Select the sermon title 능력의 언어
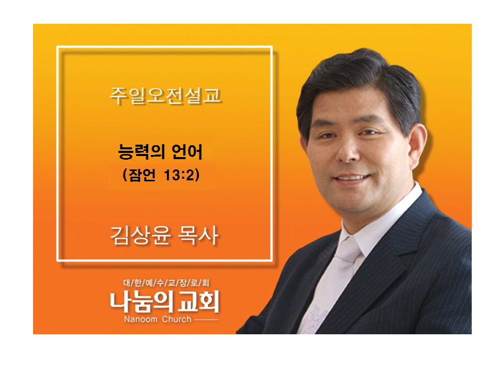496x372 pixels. coord(160,151)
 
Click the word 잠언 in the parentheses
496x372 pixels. coord(142,175)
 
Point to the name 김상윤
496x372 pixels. coord(141,236)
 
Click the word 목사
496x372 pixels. coord(198,236)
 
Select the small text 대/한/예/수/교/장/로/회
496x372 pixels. coord(166,283)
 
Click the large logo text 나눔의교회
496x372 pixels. coord(164,302)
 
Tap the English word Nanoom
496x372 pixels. coord(141,319)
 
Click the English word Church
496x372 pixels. coord(177,319)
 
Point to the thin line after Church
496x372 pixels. coord(206,319)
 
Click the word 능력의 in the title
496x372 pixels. coord(142,152)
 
